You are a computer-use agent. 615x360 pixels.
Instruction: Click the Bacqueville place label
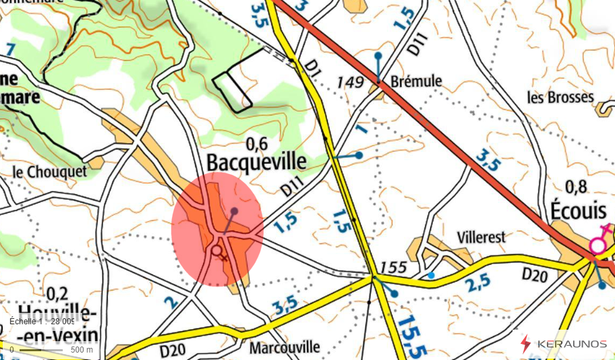point(256,162)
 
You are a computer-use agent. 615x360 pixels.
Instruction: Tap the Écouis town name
point(578,210)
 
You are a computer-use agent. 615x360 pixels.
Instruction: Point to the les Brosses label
point(560,97)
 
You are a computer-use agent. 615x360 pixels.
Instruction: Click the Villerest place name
point(481,237)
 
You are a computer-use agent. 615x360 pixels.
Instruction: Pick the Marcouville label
point(284,348)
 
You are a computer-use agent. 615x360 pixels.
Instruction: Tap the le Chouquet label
point(50,172)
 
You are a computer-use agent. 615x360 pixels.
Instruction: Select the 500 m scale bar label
point(82,349)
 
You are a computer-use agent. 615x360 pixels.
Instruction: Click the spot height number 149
point(351,82)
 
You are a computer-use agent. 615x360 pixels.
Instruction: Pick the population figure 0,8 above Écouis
point(577,187)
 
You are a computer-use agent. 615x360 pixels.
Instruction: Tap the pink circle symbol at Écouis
point(597,246)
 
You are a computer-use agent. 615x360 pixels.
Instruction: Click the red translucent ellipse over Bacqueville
point(216,229)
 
